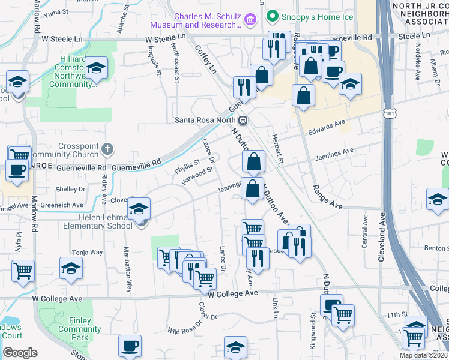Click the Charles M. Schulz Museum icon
coord(251,20)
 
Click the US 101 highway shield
coord(391,113)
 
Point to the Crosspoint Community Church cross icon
coord(107,148)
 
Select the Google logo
coord(20,353)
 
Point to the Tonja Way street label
coord(88,253)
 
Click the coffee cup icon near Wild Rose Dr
coord(130,346)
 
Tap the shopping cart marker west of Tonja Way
coord(23,270)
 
